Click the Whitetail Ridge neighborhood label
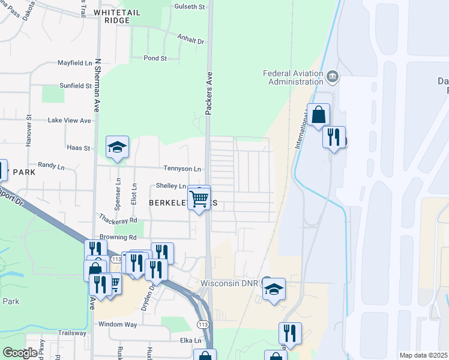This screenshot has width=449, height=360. click(x=112, y=16)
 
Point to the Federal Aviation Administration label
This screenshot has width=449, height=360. click(x=294, y=77)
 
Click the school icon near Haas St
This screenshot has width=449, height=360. click(x=117, y=146)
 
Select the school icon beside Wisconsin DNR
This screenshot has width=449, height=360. click(x=274, y=290)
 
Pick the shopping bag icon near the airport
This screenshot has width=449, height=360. click(x=318, y=114)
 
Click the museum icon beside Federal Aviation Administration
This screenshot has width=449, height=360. click(x=332, y=77)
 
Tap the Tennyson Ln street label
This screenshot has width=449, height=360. click(x=182, y=169)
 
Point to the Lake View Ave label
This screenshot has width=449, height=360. click(x=69, y=121)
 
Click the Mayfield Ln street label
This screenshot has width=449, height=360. click(x=74, y=62)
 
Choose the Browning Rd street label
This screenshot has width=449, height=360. click(x=118, y=237)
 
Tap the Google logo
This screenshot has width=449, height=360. click(x=20, y=353)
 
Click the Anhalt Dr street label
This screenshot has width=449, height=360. click(x=191, y=39)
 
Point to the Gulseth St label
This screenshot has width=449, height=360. click(x=190, y=7)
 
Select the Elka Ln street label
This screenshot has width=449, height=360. click(x=189, y=340)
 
